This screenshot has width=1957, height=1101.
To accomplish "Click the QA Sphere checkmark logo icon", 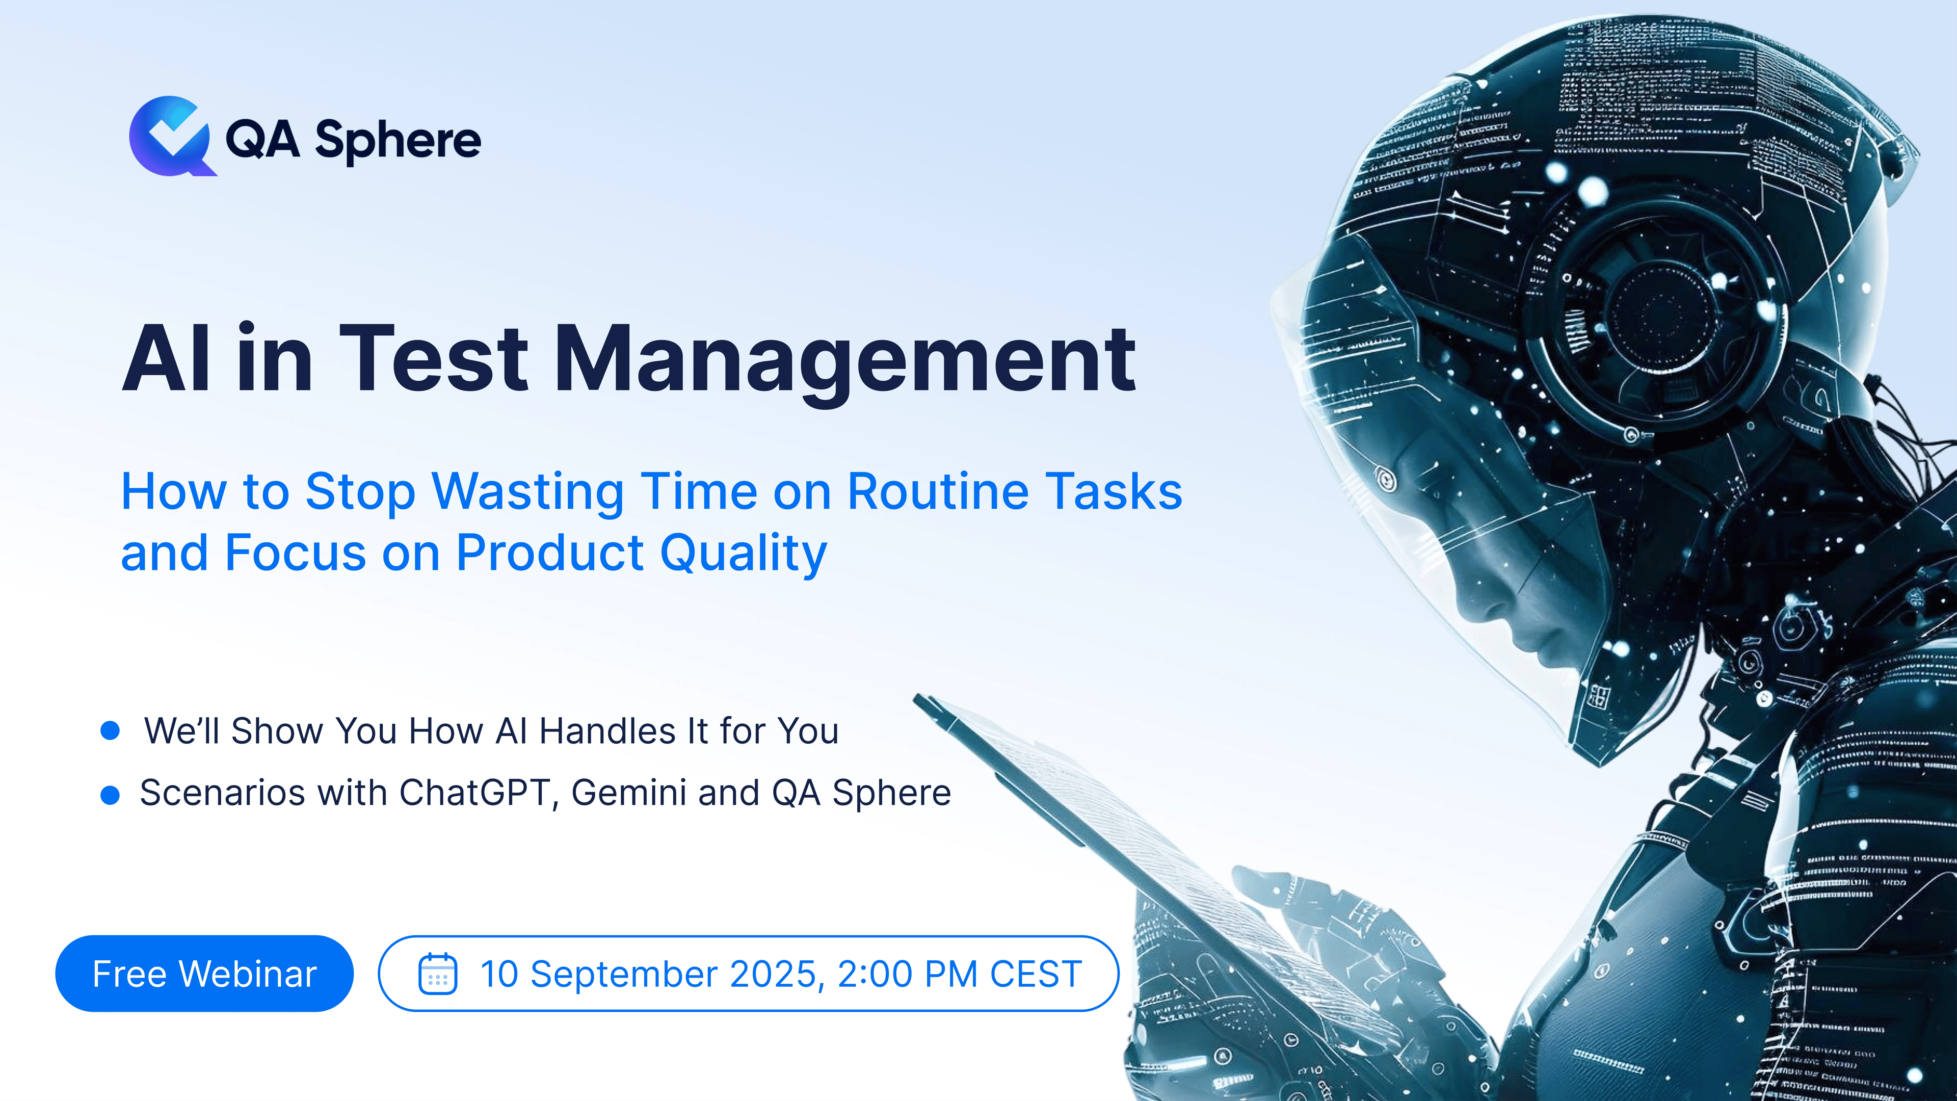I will pyautogui.click(x=171, y=137).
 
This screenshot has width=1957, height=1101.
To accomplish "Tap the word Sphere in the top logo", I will pyautogui.click(x=398, y=141).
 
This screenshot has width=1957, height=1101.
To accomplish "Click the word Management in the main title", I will pyautogui.click(x=845, y=359).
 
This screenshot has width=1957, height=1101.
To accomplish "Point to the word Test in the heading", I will pyautogui.click(x=433, y=359).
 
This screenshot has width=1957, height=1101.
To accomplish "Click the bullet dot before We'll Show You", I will pyautogui.click(x=110, y=731).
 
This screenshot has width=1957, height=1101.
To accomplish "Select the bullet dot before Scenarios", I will pyautogui.click(x=110, y=795).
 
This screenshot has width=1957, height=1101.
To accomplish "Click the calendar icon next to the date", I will pyautogui.click(x=438, y=974).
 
